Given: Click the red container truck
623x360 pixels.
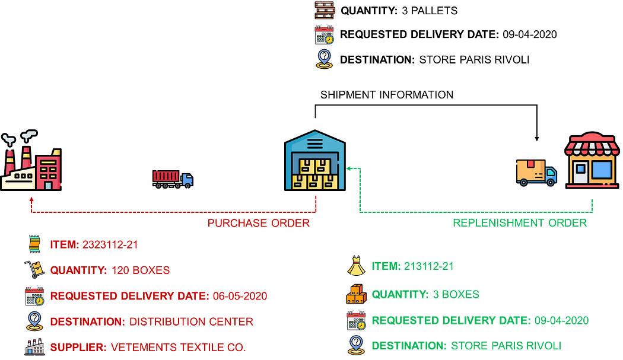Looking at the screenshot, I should click(173, 178).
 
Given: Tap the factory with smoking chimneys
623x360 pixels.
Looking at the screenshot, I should click(31, 163).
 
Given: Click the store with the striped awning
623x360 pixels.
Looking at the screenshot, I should click(592, 161).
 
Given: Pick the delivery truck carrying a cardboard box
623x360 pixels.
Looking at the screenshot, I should click(536, 173).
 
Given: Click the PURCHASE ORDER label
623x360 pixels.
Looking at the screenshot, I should click(259, 224).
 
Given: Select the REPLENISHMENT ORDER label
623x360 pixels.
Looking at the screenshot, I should click(520, 223).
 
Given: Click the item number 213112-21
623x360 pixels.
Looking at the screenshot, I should click(429, 266).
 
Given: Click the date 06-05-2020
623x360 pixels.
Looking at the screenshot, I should click(240, 296).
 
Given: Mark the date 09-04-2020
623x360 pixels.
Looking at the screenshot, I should click(561, 321).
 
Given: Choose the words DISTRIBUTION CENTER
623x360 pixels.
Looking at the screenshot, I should click(191, 322).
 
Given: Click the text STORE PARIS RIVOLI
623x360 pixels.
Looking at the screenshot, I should click(506, 345).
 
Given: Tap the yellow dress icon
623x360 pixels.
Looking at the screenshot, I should click(355, 267).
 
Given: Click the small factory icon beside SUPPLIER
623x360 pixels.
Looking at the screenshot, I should click(34, 347).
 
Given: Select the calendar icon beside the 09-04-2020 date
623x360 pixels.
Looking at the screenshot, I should click(355, 321).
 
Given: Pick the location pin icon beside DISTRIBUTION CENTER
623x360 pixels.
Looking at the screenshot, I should click(34, 321).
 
